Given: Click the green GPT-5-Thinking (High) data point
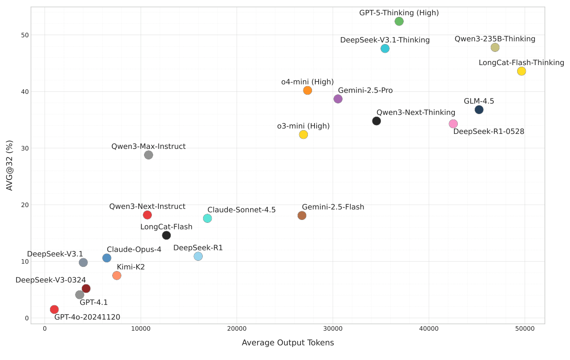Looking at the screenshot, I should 399,21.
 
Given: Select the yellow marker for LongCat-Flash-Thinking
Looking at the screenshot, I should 521,71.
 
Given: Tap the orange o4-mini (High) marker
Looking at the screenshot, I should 307,91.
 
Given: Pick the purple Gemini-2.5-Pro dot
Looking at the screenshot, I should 338,99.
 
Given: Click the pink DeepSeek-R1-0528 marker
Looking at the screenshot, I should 453,124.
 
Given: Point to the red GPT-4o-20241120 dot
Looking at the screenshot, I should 54,309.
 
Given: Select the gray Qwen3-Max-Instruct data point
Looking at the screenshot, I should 149,155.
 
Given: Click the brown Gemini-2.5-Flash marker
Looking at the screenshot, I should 302,215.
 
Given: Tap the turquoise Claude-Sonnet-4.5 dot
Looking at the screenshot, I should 207,218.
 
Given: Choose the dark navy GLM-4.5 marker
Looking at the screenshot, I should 479,110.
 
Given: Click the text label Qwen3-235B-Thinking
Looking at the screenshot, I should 495,39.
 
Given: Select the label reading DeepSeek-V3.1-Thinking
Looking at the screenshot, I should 385,40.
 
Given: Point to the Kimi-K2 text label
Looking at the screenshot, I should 131,267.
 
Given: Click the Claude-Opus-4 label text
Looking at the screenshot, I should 134,250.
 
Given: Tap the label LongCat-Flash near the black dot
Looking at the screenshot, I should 166,227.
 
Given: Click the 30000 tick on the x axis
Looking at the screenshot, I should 333,329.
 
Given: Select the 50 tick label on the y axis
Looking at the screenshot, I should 25,35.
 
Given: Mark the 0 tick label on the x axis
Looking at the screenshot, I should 45,329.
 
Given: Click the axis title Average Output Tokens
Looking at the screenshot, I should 288,343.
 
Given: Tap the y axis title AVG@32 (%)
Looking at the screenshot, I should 9,165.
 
